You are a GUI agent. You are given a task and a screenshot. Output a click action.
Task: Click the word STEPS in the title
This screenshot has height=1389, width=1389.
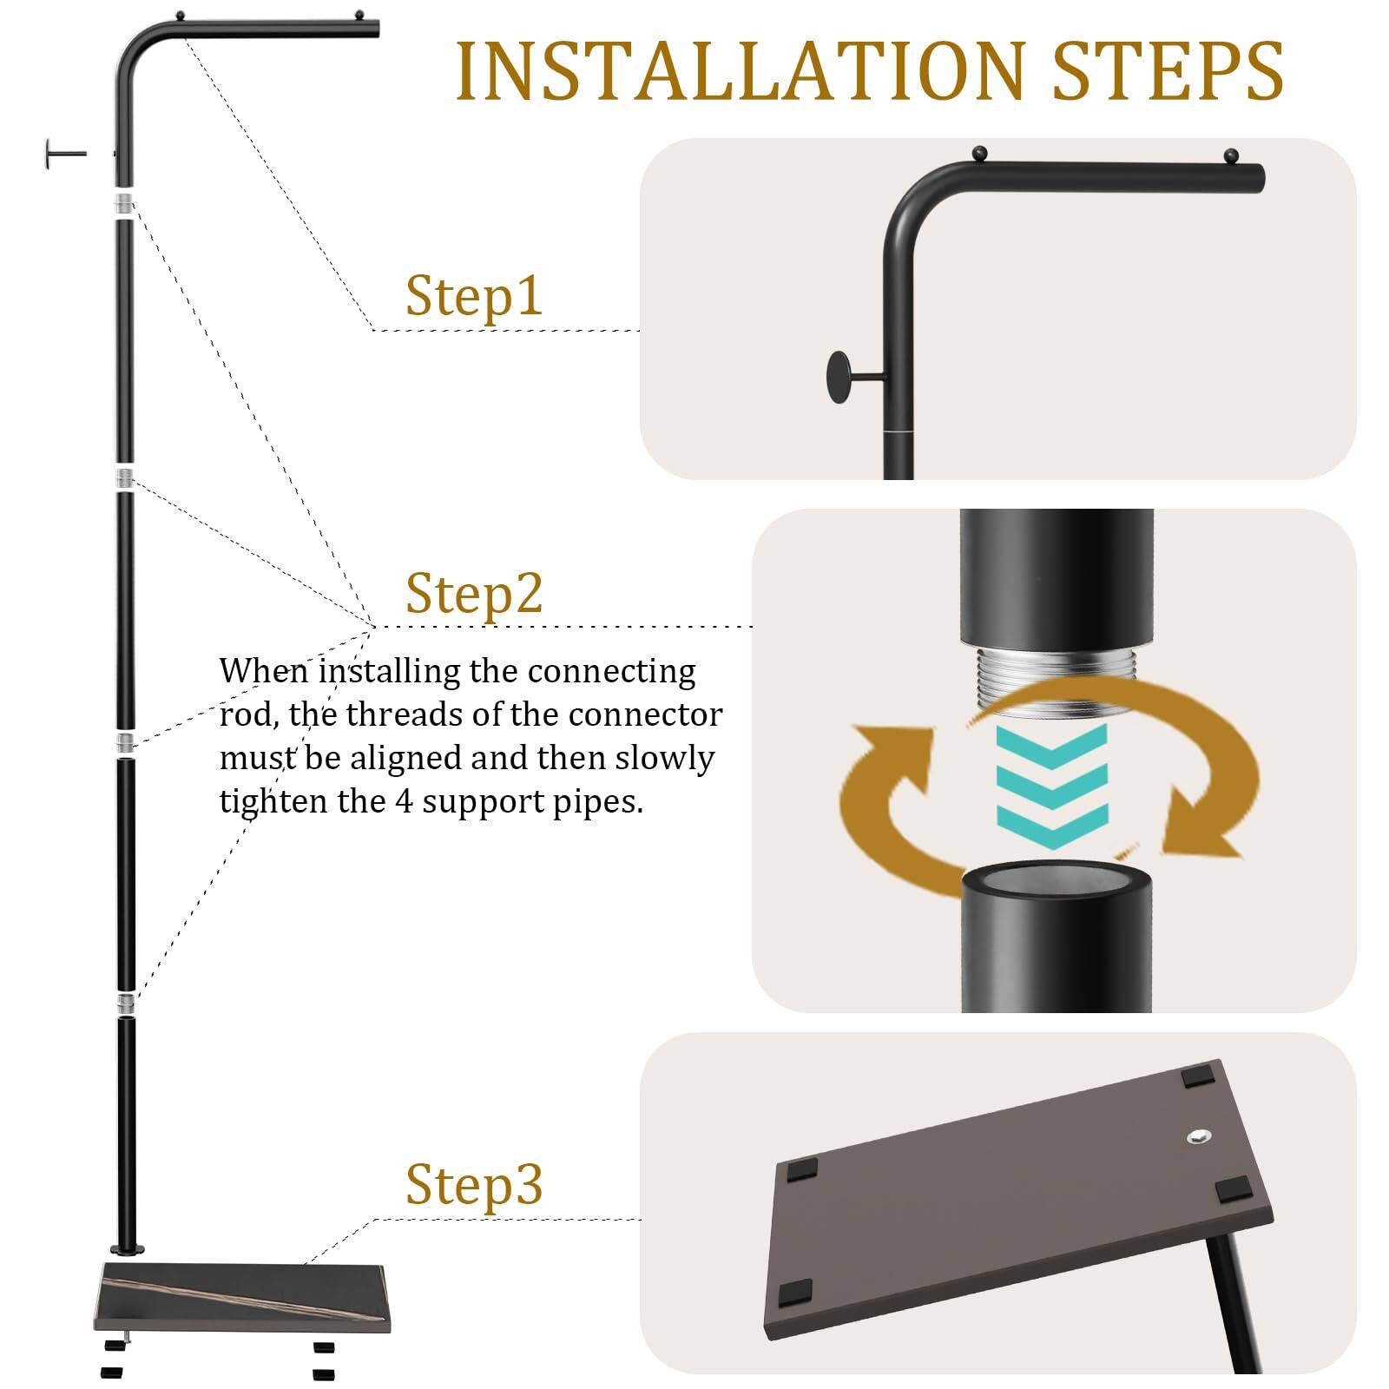1167,72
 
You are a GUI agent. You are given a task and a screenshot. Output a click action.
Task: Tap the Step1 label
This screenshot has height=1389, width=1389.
474,296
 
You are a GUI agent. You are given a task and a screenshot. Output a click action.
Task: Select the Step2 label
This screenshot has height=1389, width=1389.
474,594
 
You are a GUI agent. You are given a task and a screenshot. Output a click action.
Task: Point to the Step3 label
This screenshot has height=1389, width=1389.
474,1185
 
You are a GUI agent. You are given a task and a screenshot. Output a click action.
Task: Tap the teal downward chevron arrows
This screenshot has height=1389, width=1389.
1052,787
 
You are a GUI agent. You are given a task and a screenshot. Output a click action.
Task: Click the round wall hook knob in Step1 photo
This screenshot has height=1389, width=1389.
841,377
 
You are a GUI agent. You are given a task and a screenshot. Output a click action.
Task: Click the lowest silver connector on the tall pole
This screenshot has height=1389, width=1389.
126,1004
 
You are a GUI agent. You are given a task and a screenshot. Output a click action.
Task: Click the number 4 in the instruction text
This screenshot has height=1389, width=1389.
404,800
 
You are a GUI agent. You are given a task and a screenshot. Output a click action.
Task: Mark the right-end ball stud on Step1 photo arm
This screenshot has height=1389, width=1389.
1230,157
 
